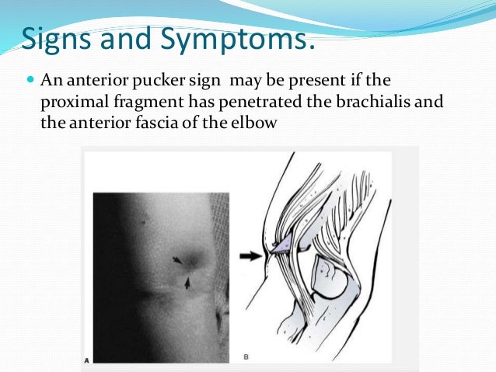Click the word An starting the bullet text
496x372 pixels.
point(47,81)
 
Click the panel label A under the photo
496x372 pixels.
point(86,360)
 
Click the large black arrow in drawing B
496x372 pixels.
point(254,253)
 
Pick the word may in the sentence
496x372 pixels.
point(233,81)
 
